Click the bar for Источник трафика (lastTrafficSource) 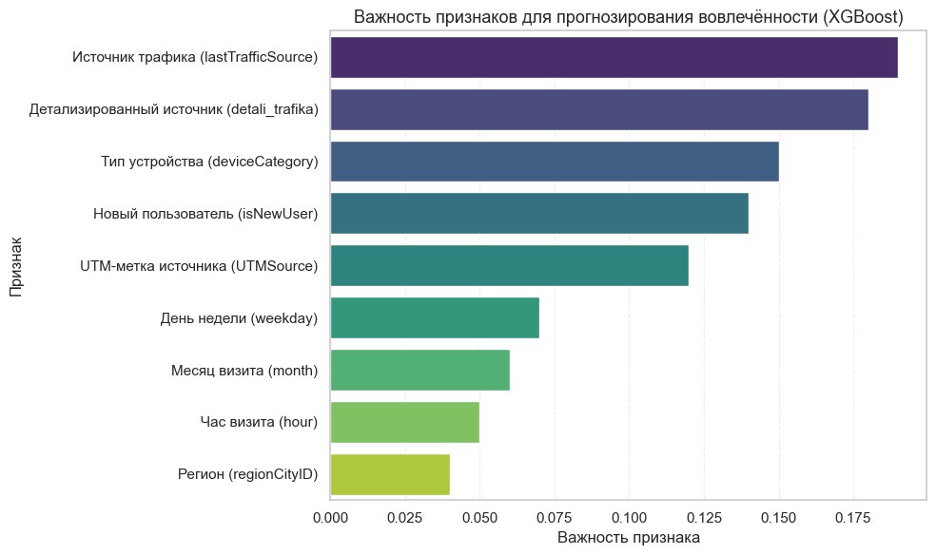click(x=614, y=58)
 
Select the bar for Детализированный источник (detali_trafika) click(x=599, y=110)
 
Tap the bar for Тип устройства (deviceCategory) click(x=555, y=162)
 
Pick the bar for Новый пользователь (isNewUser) click(x=539, y=214)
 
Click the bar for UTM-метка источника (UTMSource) click(x=509, y=265)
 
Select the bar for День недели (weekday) click(x=435, y=317)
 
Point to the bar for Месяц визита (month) click(x=419, y=370)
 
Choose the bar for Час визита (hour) click(x=404, y=421)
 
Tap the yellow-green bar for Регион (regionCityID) click(x=390, y=473)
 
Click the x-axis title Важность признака click(x=628, y=538)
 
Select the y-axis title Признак click(x=16, y=266)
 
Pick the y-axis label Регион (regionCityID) click(x=247, y=473)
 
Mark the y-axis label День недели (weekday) click(x=239, y=317)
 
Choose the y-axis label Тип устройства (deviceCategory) click(x=209, y=162)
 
